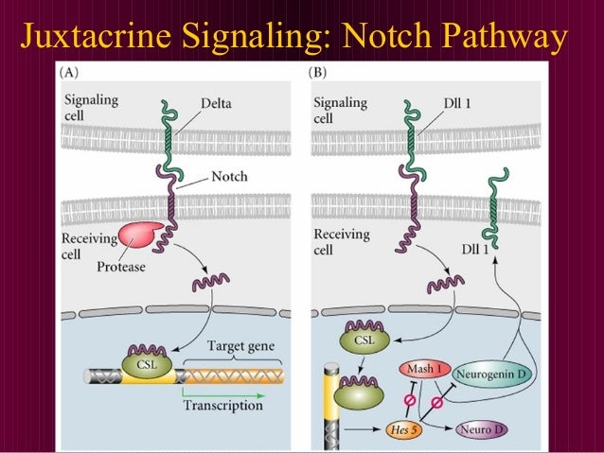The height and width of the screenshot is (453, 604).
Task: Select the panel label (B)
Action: (319, 72)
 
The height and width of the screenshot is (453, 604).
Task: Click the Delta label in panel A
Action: (216, 103)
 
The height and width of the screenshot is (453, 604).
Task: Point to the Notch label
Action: (230, 177)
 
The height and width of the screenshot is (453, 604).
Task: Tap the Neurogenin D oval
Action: (493, 375)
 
